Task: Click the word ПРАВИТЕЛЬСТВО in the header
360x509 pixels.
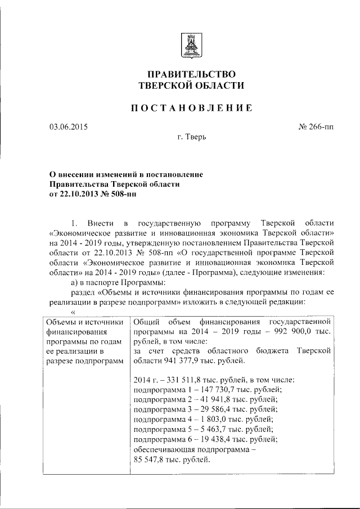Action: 191,74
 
